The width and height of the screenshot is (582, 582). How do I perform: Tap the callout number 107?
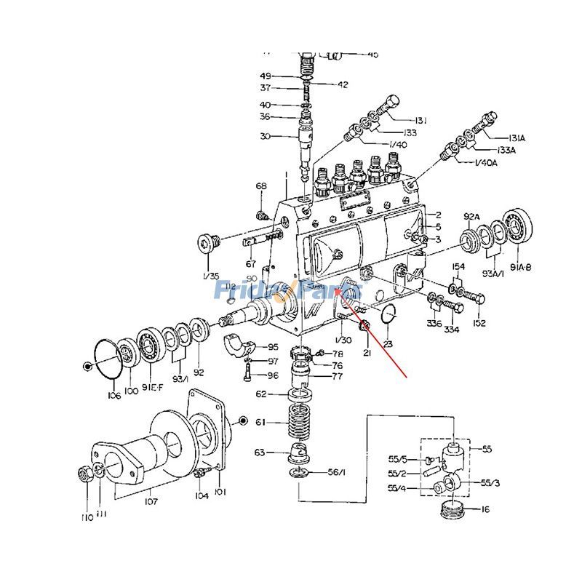click(151, 501)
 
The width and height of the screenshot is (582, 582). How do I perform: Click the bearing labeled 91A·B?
click(519, 227)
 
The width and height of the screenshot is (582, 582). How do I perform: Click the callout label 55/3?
click(490, 482)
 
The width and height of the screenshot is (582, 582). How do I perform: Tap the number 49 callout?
click(266, 76)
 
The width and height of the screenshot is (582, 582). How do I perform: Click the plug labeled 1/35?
click(209, 241)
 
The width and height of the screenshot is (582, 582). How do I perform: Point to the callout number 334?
click(452, 329)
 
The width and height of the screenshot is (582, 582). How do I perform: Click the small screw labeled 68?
click(262, 215)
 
